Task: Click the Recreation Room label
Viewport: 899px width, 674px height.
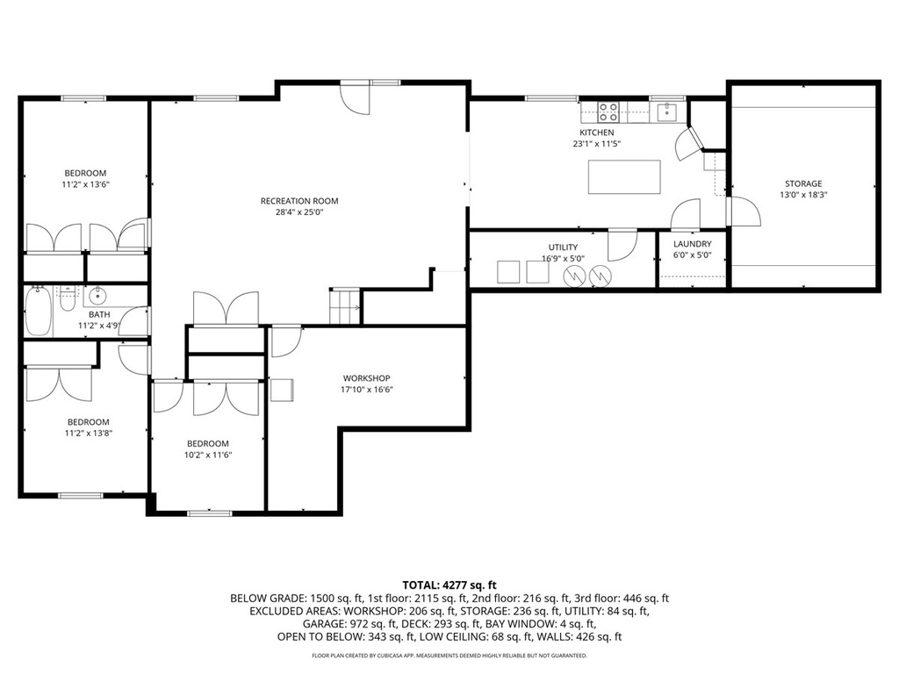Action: click(x=298, y=201)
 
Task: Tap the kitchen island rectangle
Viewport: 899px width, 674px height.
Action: click(x=624, y=176)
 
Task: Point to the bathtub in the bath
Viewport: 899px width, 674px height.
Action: click(x=38, y=312)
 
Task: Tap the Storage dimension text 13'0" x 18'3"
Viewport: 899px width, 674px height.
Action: click(x=802, y=196)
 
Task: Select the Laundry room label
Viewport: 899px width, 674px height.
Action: click(x=692, y=244)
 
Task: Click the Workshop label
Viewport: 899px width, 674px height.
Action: click(x=366, y=378)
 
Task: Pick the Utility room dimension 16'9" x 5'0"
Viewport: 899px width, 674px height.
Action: click(x=563, y=259)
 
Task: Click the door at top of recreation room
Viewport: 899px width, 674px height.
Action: click(x=356, y=98)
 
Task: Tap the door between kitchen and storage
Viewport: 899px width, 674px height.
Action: click(x=743, y=212)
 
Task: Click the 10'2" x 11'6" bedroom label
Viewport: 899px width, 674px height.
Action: click(x=207, y=455)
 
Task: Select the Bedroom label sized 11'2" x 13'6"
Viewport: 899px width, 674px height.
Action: click(x=84, y=173)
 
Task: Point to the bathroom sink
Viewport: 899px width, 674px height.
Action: click(x=97, y=295)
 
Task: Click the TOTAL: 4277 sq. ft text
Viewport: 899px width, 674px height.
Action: click(x=449, y=584)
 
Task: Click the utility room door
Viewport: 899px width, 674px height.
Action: click(x=622, y=244)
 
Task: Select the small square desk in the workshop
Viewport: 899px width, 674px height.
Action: click(x=281, y=390)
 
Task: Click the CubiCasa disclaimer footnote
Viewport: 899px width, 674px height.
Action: click(x=449, y=656)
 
